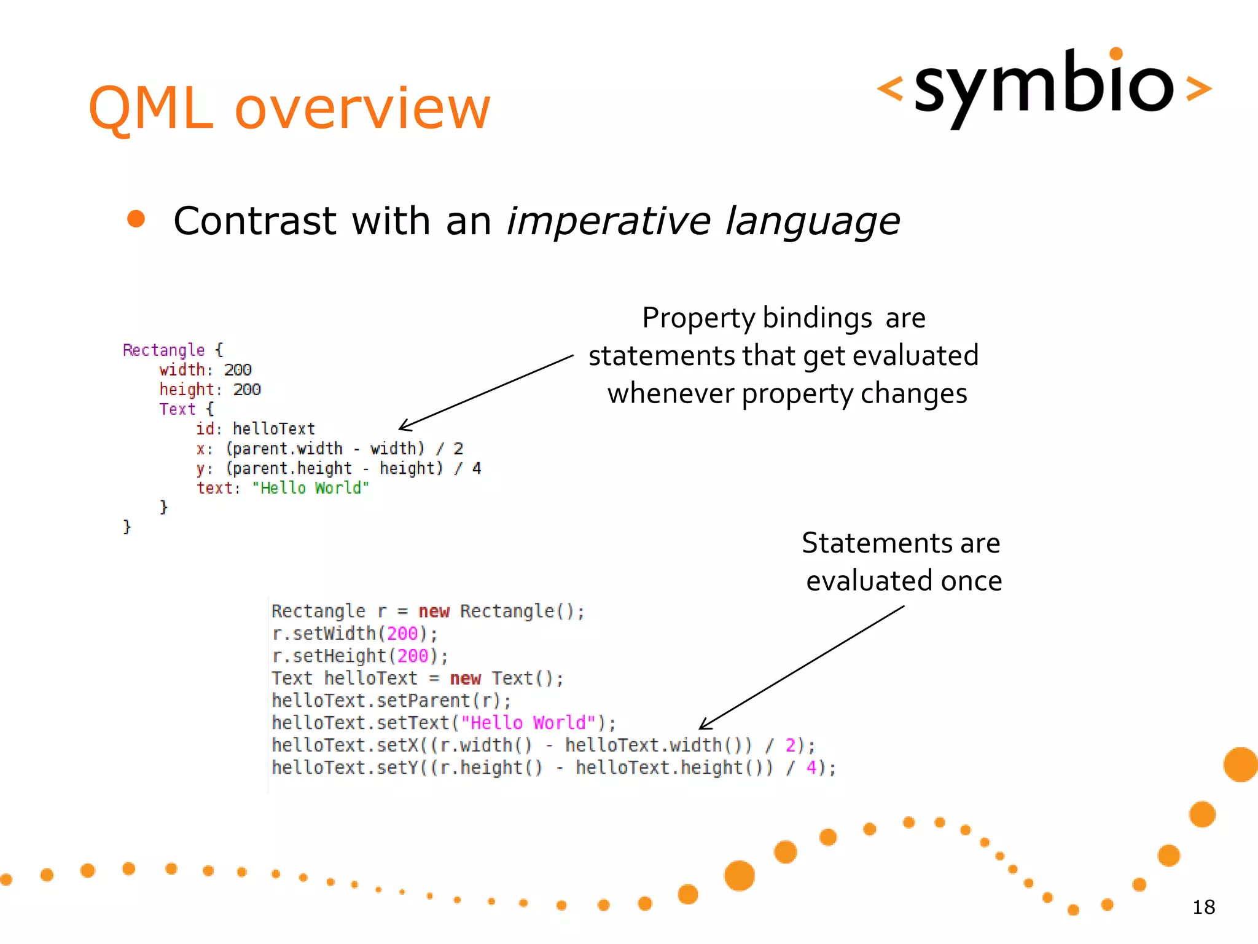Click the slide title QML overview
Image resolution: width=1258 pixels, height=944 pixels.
coord(289,108)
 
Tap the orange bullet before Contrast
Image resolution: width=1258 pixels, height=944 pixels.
coord(136,219)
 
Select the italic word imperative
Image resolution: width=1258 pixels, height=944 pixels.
coord(608,221)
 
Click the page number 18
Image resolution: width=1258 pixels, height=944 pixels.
coord(1203,907)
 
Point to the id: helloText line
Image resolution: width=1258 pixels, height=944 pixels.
coord(255,428)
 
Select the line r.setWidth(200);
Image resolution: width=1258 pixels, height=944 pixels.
coord(354,634)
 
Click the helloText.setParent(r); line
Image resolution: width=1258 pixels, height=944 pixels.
coord(391,701)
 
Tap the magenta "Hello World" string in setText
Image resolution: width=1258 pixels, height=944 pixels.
coord(528,723)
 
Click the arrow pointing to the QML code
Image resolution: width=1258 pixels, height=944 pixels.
coord(485,391)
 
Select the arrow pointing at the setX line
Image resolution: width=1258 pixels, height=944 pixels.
coord(802,667)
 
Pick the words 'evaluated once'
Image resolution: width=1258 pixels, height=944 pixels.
coord(904,581)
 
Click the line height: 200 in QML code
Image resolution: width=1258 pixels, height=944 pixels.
coord(210,390)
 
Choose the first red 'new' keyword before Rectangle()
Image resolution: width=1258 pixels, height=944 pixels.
coord(434,612)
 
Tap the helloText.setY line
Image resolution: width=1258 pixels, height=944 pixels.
coord(553,768)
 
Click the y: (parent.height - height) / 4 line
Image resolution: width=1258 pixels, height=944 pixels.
coord(338,468)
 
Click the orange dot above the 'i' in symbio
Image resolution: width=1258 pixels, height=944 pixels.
coord(1116,54)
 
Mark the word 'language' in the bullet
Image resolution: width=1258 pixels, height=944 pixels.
coord(812,222)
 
